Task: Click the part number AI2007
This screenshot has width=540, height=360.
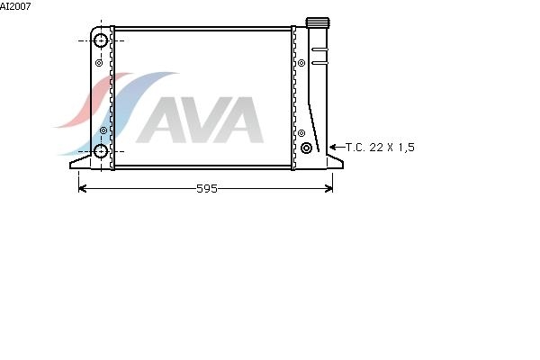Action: [x=15, y=6]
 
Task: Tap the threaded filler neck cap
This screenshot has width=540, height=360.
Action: [x=318, y=22]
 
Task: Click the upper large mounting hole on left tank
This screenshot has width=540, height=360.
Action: [x=101, y=40]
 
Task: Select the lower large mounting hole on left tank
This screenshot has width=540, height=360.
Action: [x=101, y=151]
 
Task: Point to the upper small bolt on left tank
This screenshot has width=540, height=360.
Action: [x=99, y=63]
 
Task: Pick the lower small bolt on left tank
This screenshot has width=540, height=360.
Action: [x=103, y=130]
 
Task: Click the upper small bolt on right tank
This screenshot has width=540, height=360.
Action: [x=301, y=63]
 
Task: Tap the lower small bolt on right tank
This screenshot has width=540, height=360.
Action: [x=301, y=133]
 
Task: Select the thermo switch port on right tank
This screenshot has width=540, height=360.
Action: [x=306, y=148]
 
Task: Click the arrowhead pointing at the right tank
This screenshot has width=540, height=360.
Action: [x=333, y=147]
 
